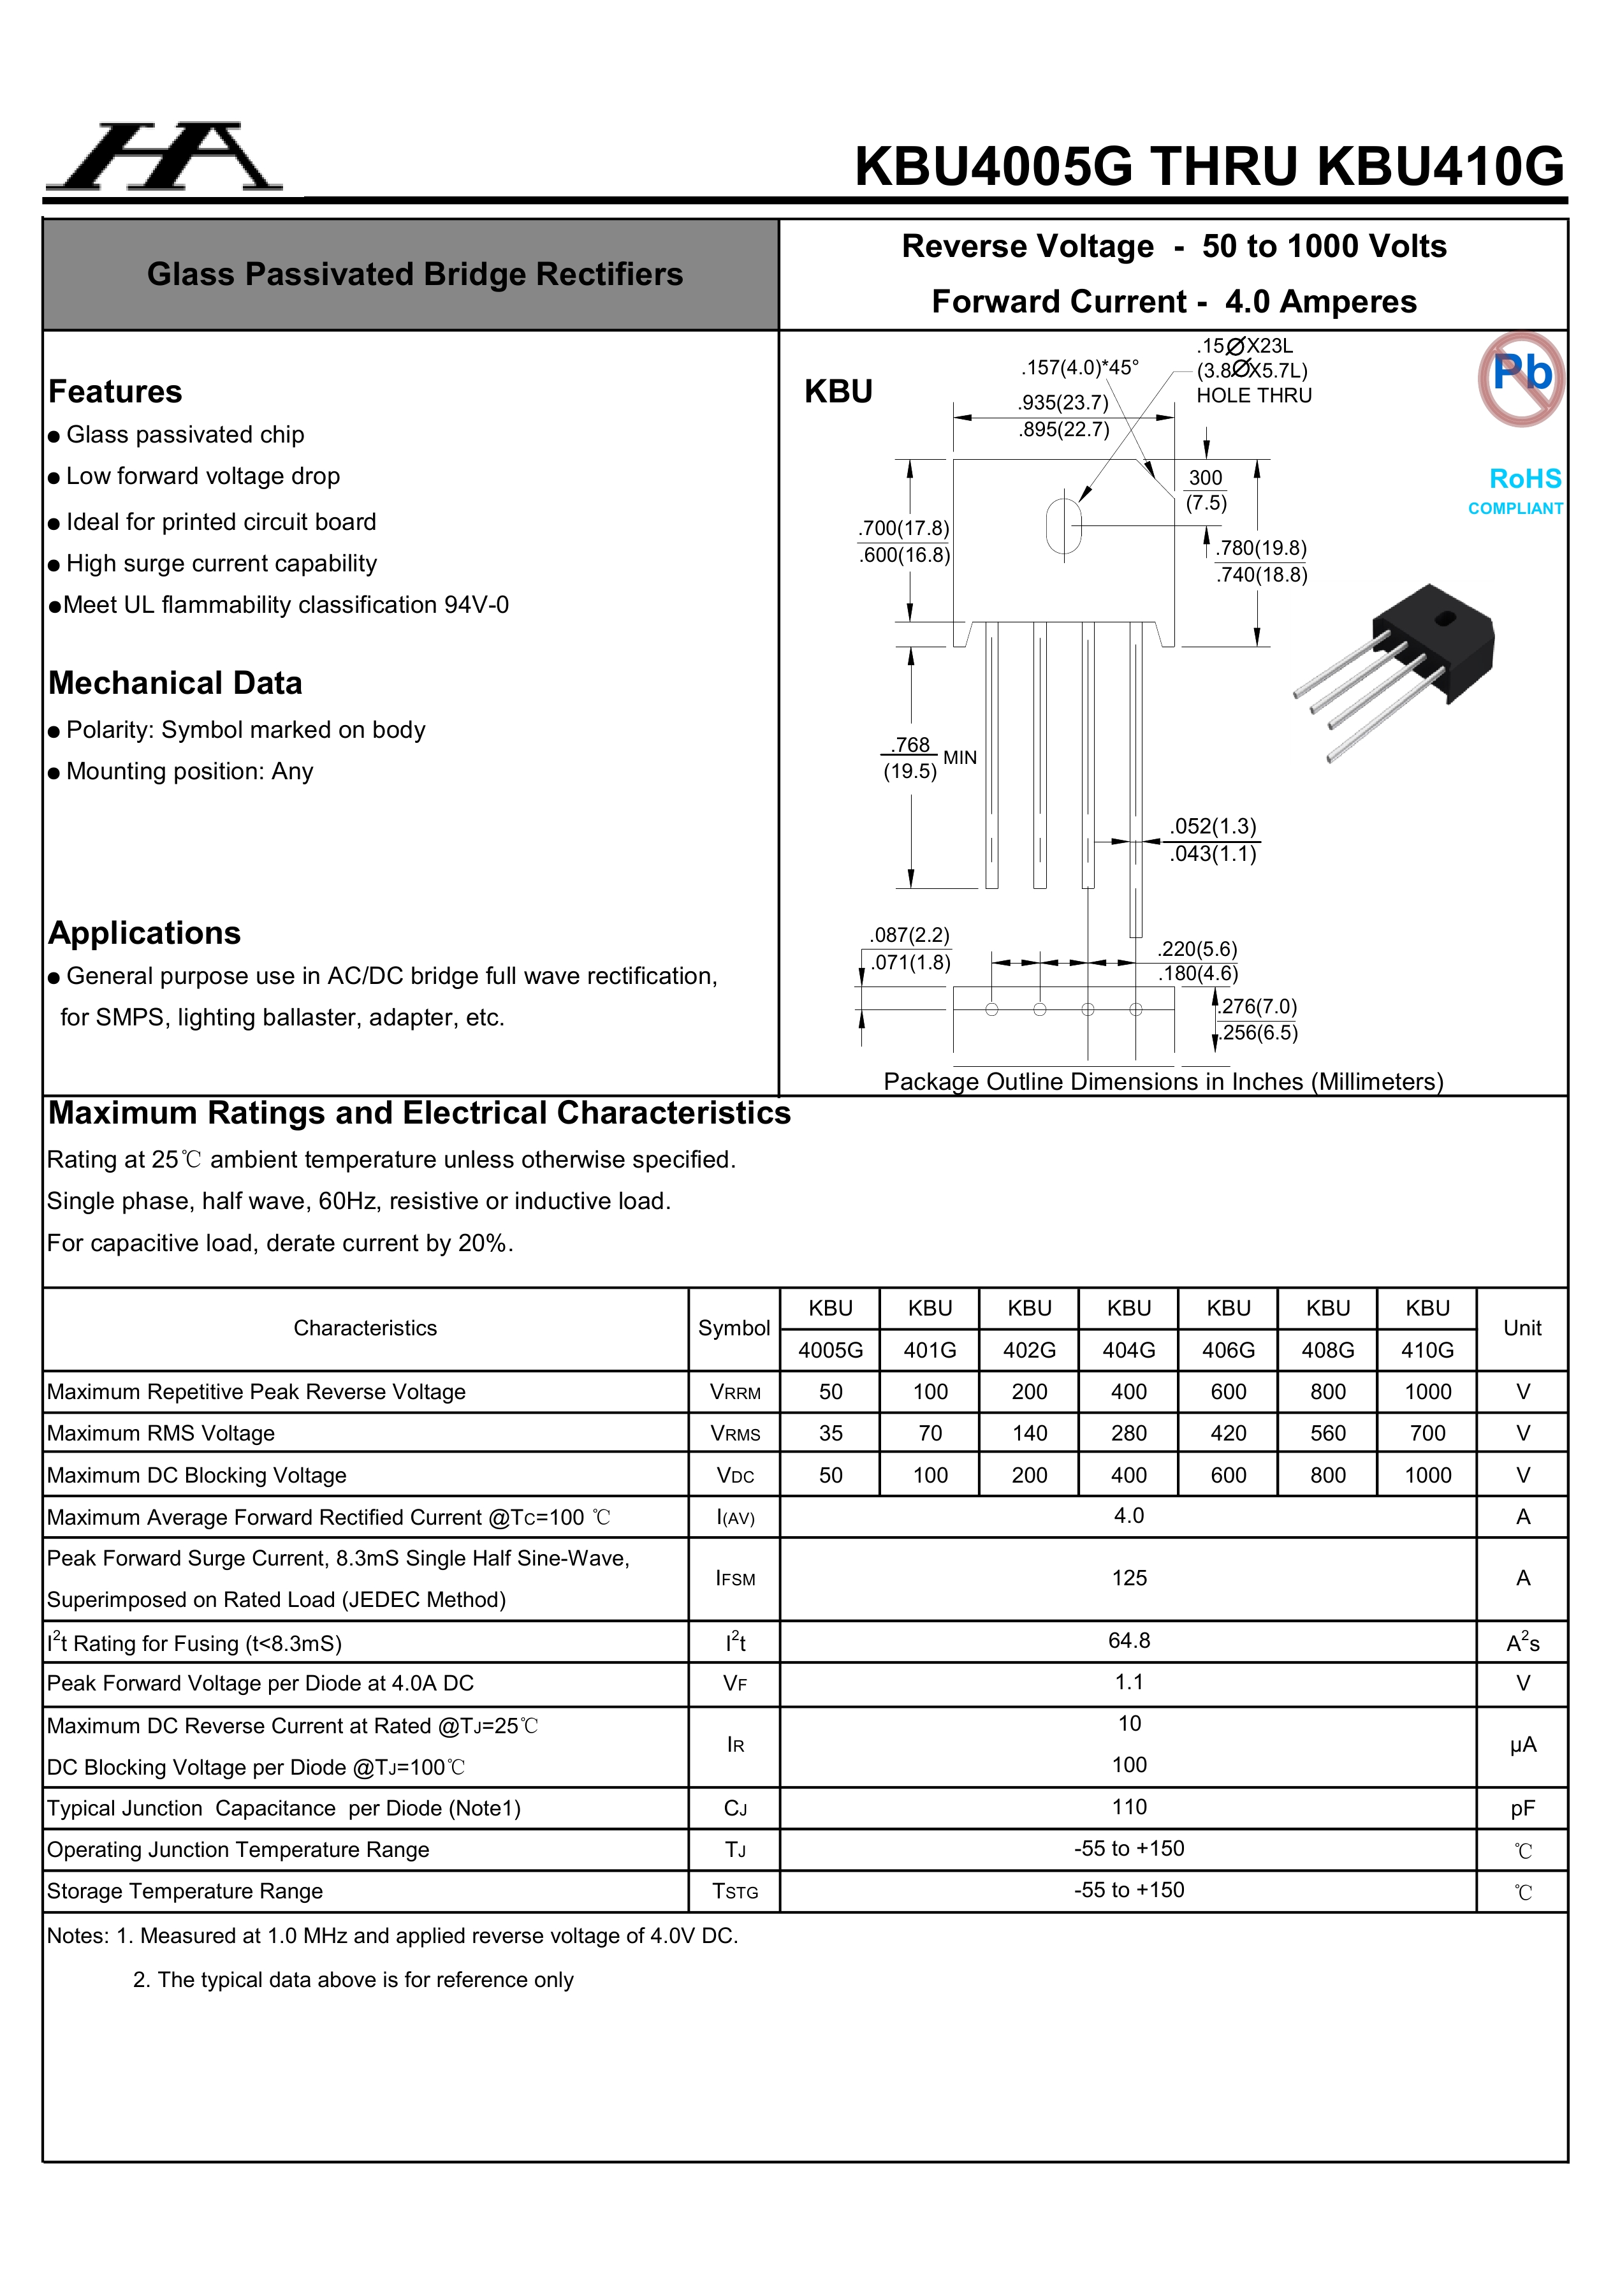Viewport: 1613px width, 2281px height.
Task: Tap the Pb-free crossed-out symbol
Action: point(1521,379)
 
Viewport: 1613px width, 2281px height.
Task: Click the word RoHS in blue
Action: point(1524,479)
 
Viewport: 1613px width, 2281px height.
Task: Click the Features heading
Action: point(115,392)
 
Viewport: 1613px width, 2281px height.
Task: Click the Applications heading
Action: point(145,933)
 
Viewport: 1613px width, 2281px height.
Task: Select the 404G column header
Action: point(1128,1349)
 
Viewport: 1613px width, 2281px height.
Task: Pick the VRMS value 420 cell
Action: point(1228,1433)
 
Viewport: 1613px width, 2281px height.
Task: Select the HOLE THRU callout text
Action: point(1253,395)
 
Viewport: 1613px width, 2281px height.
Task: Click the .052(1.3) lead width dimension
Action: point(1213,826)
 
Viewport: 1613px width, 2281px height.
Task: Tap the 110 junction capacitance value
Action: point(1128,1807)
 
